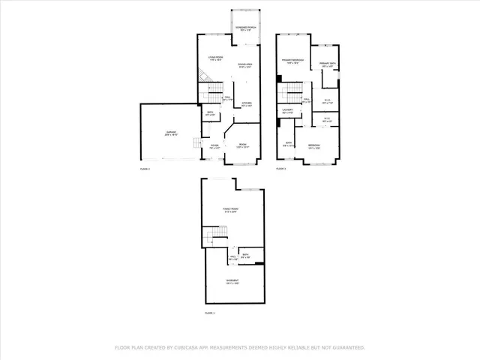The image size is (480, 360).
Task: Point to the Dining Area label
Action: [246, 66]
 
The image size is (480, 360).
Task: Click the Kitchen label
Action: [246, 103]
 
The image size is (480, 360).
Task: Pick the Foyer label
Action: [214, 146]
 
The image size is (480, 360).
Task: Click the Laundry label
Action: [287, 109]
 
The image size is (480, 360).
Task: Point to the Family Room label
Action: [230, 210]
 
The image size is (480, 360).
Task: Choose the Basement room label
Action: [231, 282]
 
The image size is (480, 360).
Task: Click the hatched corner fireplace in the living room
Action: [202, 75]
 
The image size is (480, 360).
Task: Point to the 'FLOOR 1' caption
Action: [210, 311]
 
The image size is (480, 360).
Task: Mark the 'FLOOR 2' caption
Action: [145, 169]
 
